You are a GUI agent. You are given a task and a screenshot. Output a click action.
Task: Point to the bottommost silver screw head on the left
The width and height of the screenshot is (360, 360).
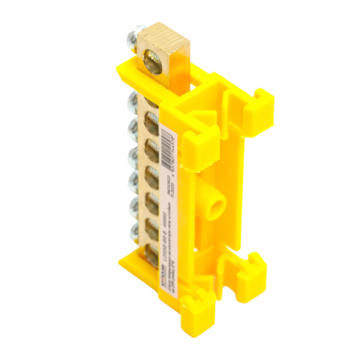[134, 242]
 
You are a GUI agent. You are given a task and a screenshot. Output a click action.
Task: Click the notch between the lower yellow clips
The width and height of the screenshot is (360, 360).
[236, 270]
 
